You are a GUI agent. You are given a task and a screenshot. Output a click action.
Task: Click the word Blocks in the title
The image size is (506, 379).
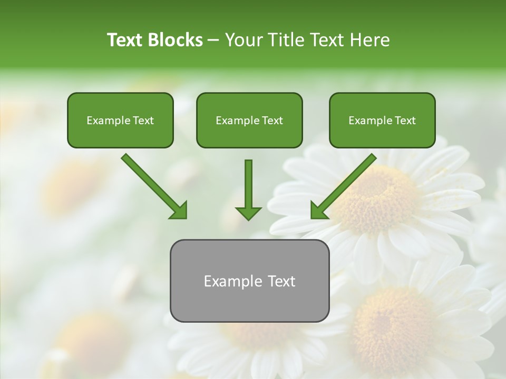pyautogui.click(x=176, y=40)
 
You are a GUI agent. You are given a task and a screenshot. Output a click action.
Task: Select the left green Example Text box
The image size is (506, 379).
pyautogui.click(x=120, y=120)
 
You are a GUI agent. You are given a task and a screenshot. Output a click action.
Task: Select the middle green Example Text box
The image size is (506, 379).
pyautogui.click(x=249, y=120)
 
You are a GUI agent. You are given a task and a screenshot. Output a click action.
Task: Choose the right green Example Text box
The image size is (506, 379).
pyautogui.click(x=382, y=120)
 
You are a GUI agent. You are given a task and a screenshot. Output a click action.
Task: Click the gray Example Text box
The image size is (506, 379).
pyautogui.click(x=249, y=281)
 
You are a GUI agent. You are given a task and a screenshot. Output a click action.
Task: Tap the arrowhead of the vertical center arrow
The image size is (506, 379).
pyautogui.click(x=248, y=213)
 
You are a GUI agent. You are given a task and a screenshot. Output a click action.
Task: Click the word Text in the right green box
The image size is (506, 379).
pyautogui.click(x=405, y=121)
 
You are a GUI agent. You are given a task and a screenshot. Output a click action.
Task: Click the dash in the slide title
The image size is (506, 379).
pyautogui.click(x=213, y=40)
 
